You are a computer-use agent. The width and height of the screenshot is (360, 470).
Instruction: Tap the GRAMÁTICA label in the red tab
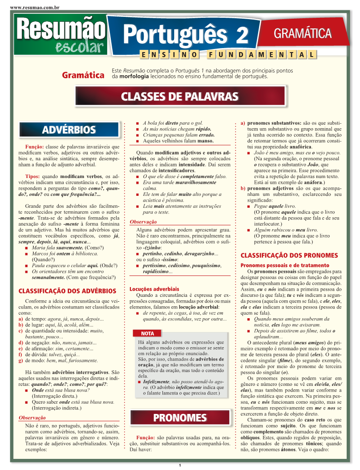(303, 33)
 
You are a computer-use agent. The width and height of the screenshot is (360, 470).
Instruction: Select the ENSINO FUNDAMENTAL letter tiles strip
(227, 55)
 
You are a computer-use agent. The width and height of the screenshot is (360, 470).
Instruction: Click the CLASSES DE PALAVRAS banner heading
(180, 96)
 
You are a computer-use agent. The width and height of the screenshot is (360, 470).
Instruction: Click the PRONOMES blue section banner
(180, 417)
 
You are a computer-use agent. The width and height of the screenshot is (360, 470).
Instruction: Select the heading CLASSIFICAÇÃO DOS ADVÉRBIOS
(67, 291)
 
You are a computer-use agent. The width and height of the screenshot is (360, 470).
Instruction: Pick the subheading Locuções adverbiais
(154, 289)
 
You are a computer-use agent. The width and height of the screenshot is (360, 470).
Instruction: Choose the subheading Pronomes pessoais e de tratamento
(285, 265)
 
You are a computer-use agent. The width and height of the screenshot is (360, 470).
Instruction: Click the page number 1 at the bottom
(180, 466)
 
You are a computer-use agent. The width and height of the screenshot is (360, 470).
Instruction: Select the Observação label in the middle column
(143, 222)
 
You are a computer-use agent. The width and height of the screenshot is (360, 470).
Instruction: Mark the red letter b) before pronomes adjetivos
(243, 188)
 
